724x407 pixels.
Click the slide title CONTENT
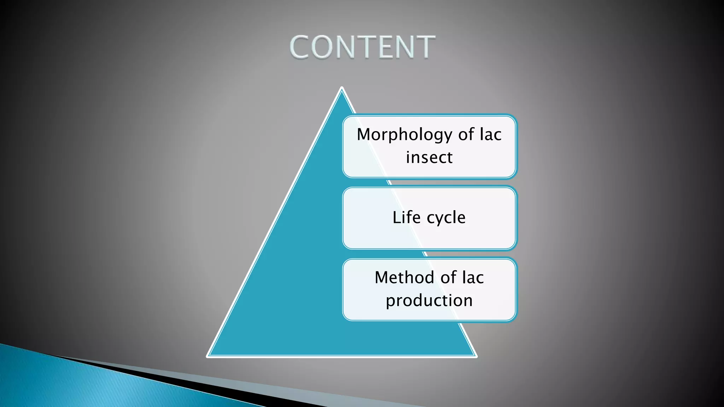coord(362,47)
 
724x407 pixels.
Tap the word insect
coord(429,158)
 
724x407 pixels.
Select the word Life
coord(407,217)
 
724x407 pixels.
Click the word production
coord(429,301)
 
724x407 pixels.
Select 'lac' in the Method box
coord(473,278)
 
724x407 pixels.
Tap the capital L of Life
coord(397,217)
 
